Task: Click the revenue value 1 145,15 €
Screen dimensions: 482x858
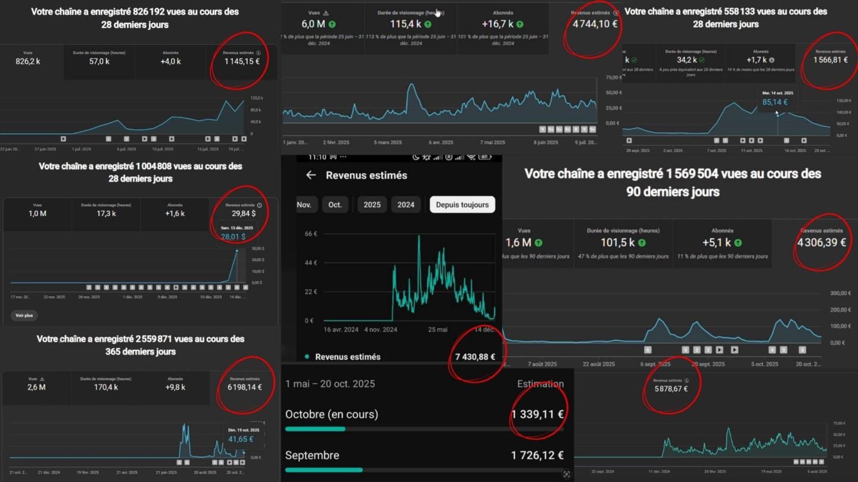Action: (242, 61)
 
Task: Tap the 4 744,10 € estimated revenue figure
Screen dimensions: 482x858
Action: (595, 24)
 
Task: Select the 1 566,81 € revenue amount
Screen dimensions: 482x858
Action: (830, 60)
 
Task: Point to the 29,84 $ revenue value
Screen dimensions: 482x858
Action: (243, 213)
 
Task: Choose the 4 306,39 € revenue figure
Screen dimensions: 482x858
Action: (821, 242)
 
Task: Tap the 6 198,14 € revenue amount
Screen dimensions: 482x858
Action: (245, 387)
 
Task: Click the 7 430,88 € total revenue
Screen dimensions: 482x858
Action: (475, 357)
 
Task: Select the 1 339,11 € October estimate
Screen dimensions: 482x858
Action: (537, 414)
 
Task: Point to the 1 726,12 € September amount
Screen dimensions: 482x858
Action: (537, 455)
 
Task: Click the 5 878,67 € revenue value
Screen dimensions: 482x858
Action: (670, 389)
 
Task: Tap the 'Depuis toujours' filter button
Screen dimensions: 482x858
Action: (462, 205)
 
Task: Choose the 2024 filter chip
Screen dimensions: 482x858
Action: (406, 205)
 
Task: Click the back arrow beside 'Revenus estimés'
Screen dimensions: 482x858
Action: (310, 175)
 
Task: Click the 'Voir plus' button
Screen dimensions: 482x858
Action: (24, 315)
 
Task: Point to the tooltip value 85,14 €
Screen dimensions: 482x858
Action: (775, 102)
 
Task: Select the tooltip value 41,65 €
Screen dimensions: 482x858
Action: (240, 439)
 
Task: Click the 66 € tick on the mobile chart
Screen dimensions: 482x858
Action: (310, 234)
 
